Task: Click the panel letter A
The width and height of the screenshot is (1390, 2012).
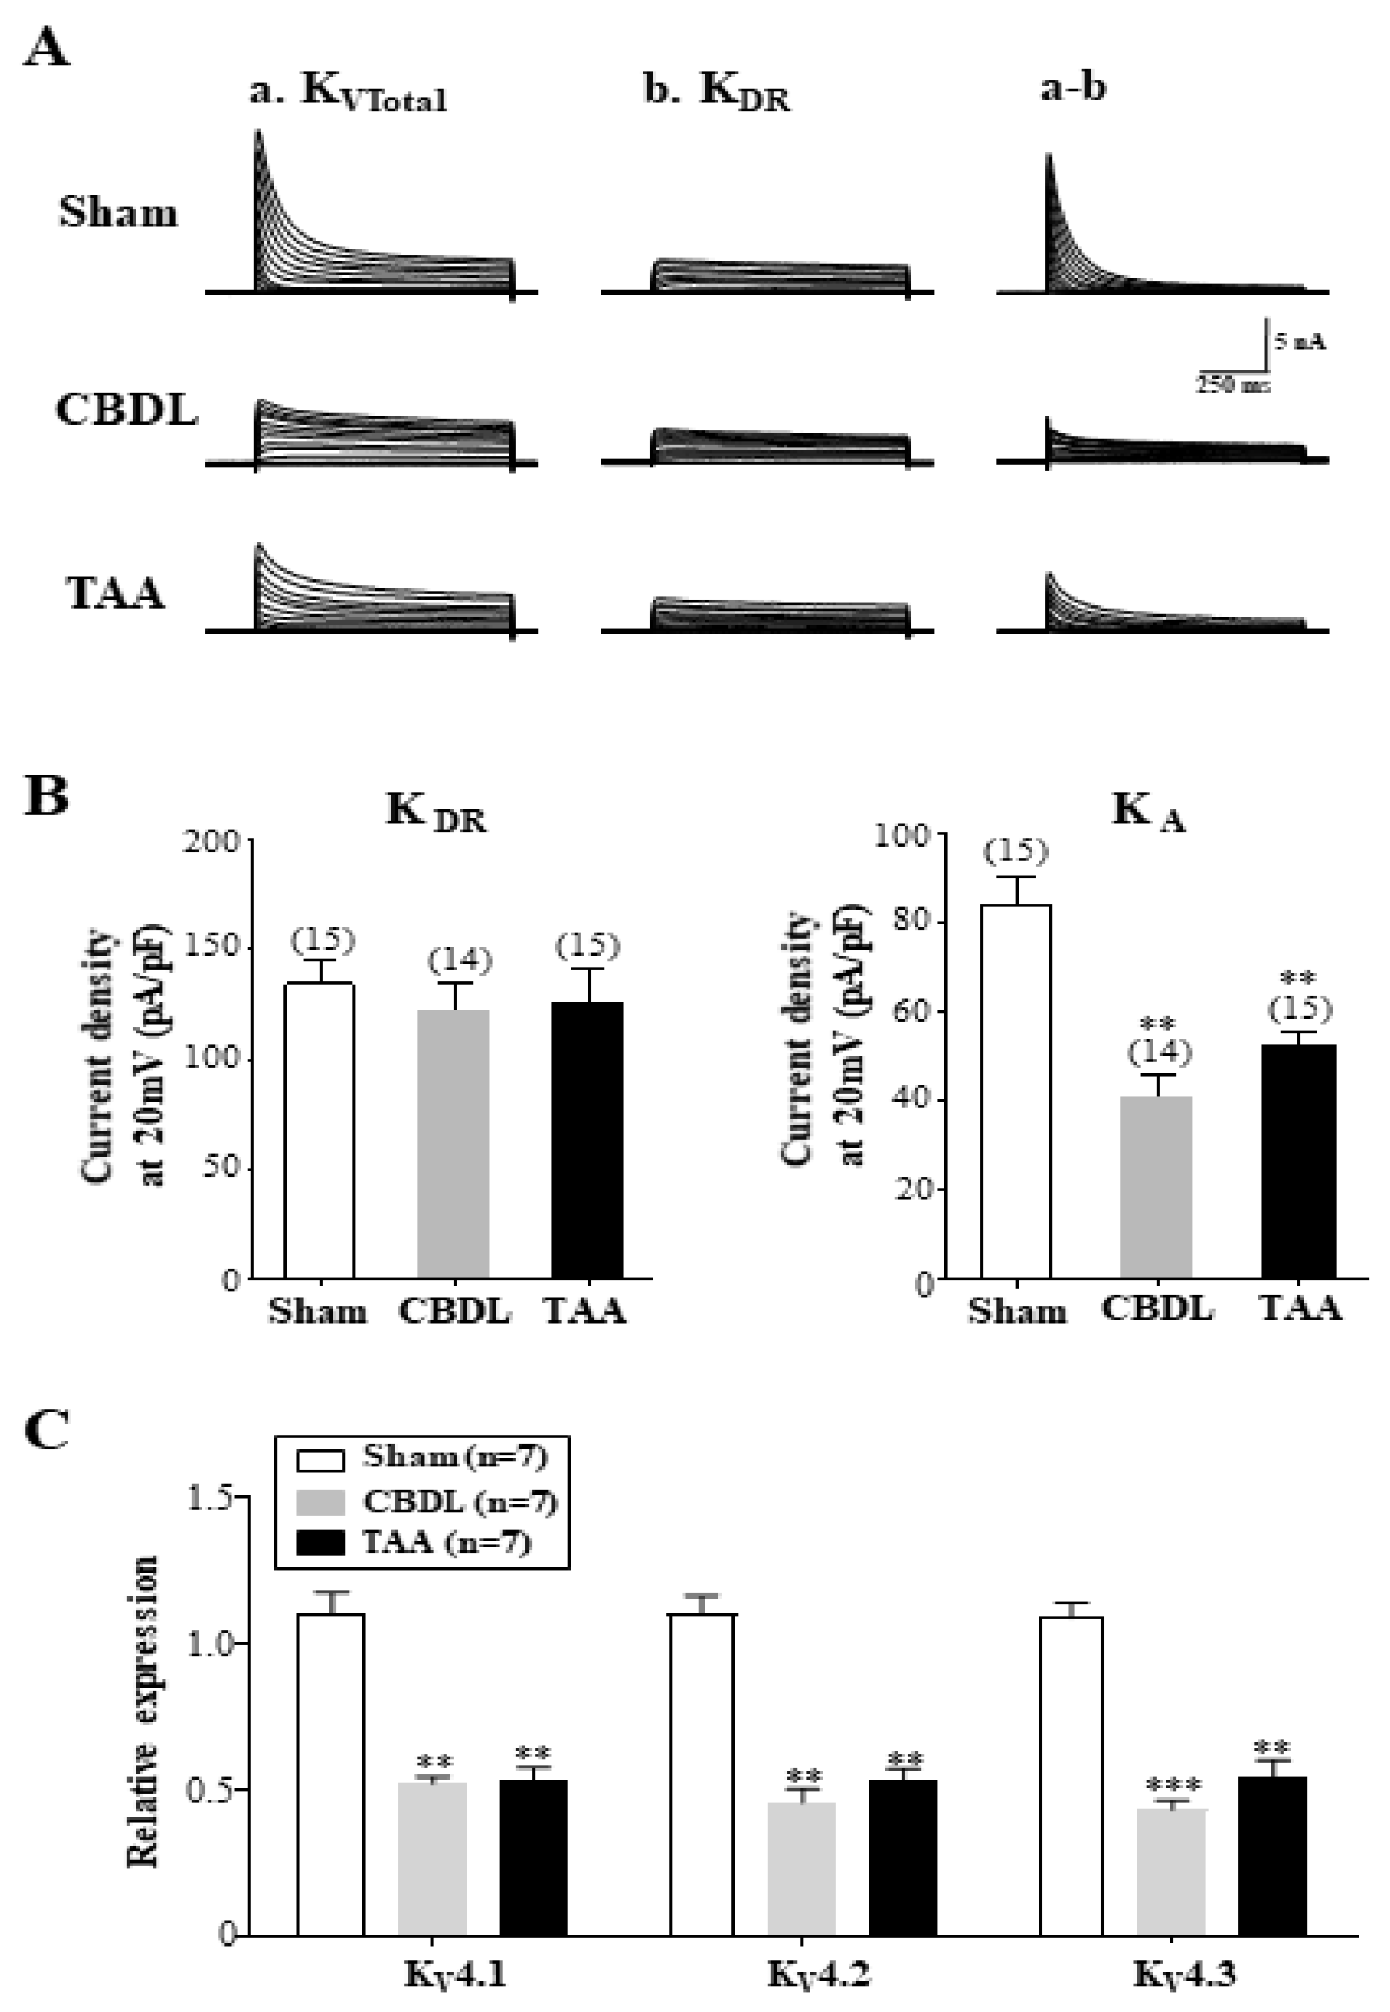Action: coord(45,48)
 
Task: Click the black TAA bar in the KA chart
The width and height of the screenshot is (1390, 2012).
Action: coord(1298,1161)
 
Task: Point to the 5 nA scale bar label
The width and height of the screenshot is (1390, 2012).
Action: coord(1300,342)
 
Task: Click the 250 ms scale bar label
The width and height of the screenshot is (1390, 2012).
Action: coord(1231,384)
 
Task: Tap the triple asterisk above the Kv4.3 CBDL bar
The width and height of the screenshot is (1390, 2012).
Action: coord(1172,1786)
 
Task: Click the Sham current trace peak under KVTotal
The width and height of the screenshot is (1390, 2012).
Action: coord(257,133)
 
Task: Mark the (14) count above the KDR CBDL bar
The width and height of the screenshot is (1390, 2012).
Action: coord(460,961)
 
